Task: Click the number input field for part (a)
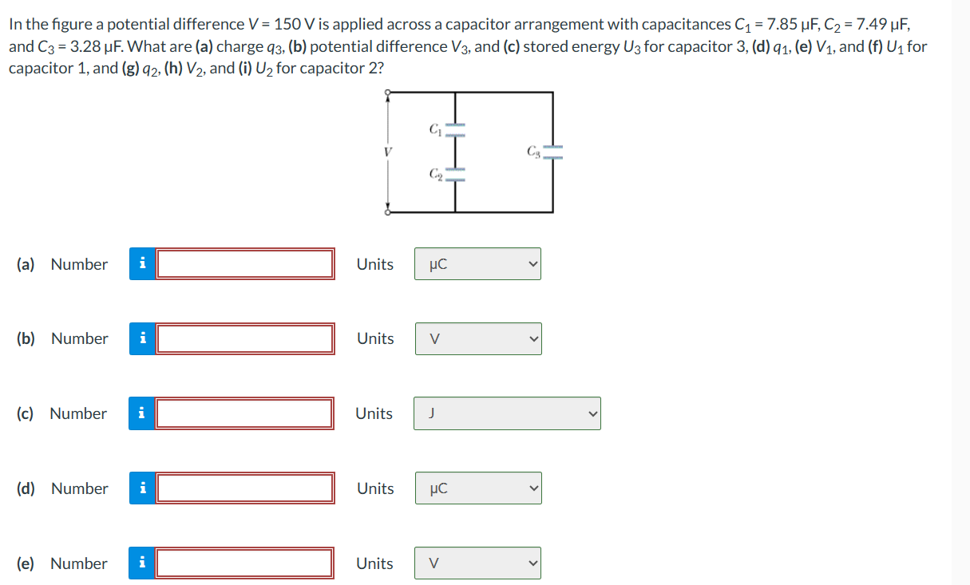(x=245, y=264)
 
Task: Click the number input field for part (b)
(x=245, y=339)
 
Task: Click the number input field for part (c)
(x=245, y=413)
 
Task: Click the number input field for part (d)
(x=245, y=488)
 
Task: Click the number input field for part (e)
(x=245, y=563)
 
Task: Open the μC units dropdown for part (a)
(x=477, y=264)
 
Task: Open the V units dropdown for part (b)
(x=477, y=339)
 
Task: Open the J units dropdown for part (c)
(x=507, y=413)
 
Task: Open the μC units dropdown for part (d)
(x=477, y=488)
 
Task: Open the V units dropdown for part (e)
(x=477, y=563)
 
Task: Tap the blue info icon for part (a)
(x=142, y=264)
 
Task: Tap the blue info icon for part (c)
(x=141, y=413)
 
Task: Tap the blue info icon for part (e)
(x=142, y=563)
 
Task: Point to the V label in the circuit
(x=388, y=151)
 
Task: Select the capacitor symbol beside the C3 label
(x=553, y=152)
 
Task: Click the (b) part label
(x=26, y=339)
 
